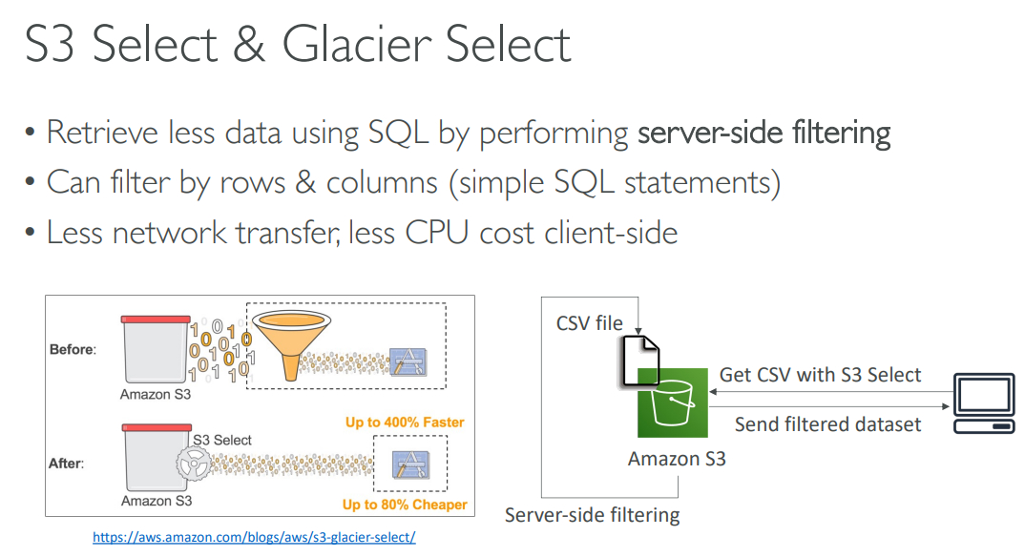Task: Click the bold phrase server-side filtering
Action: [764, 133]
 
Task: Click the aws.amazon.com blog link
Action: [254, 537]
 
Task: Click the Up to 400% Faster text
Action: [405, 422]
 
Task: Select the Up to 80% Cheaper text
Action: [404, 505]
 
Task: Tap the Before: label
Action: [73, 350]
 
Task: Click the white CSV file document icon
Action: [637, 361]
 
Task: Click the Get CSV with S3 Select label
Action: [820, 375]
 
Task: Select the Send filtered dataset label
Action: [827, 423]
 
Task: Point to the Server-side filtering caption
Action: [592, 516]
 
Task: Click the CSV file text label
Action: [589, 323]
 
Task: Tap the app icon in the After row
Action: [409, 464]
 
